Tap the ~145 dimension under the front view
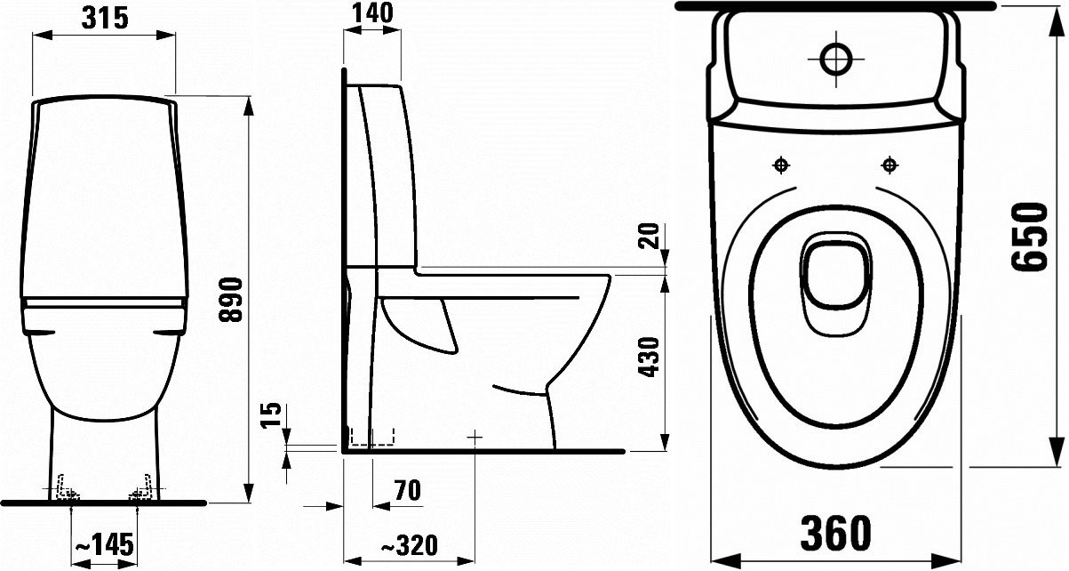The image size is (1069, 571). point(103,543)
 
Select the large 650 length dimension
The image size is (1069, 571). point(1028,237)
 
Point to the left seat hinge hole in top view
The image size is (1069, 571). point(781,165)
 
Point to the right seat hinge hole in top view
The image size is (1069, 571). point(887,165)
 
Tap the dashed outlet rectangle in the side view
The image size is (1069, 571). point(372,437)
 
